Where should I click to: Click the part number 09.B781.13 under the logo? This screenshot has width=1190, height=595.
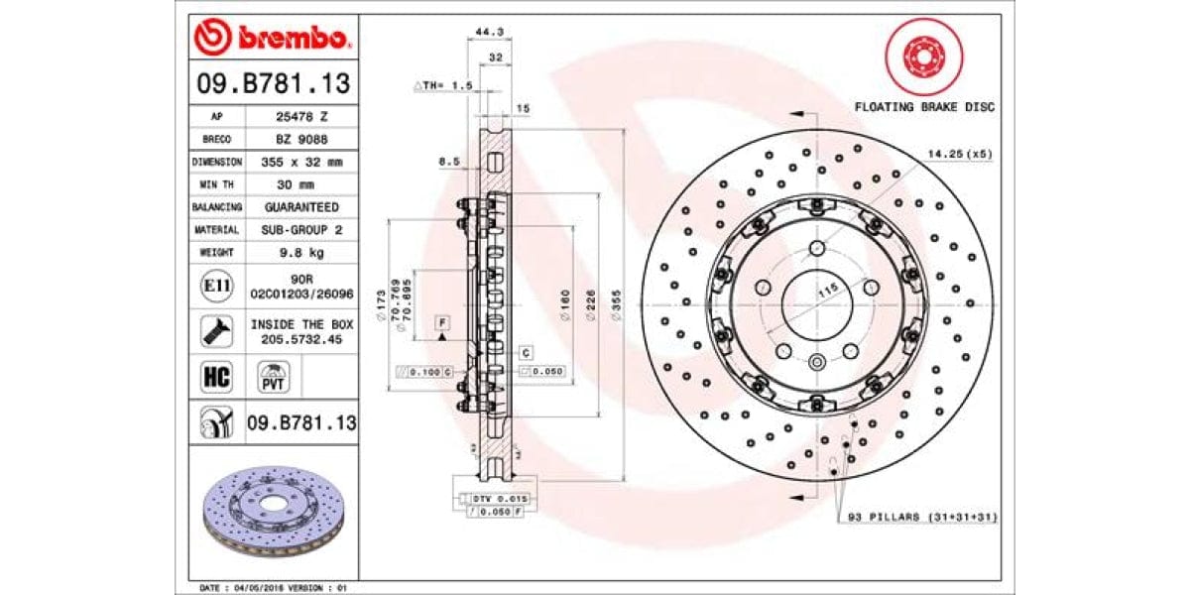click(271, 84)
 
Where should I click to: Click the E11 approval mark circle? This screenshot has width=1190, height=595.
click(216, 287)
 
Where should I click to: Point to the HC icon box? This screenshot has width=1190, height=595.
click(216, 377)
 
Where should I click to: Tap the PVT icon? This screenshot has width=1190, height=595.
click(273, 377)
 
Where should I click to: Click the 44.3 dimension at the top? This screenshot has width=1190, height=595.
click(486, 33)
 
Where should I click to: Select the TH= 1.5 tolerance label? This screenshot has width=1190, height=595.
click(442, 86)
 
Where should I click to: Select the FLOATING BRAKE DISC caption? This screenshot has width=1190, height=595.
click(924, 107)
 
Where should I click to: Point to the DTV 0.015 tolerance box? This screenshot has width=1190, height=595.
click(500, 498)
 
